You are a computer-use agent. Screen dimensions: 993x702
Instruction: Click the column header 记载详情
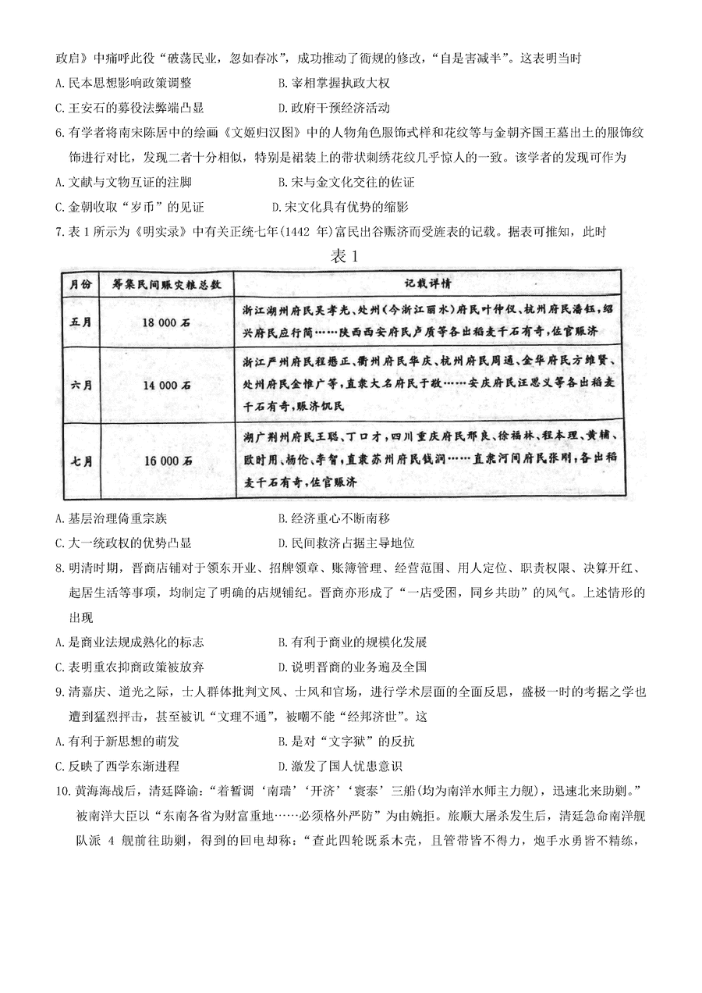click(426, 283)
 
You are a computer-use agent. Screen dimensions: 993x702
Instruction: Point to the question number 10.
click(63, 791)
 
